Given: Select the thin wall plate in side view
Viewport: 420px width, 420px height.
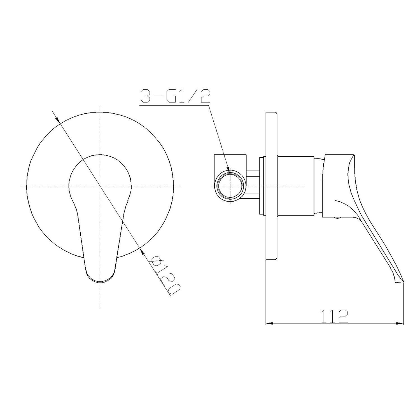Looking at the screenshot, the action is click(271, 186).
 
